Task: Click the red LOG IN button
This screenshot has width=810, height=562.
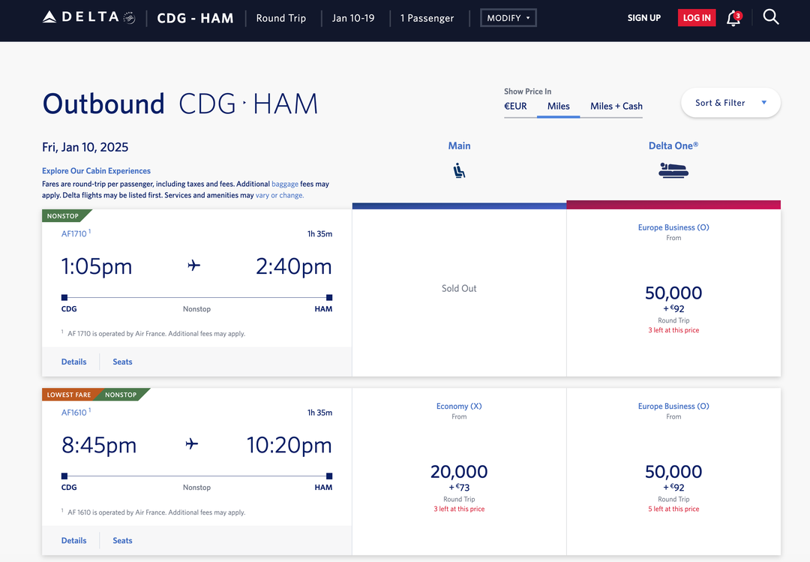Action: coord(697,18)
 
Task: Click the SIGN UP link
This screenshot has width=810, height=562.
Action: coord(643,18)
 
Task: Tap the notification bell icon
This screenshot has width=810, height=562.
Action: coord(733,18)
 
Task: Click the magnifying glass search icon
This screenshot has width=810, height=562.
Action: coord(770,17)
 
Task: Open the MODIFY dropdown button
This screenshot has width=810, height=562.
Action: coord(508,18)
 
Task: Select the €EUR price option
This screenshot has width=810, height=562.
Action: coord(515,107)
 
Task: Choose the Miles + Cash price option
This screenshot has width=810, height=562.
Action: coord(616,107)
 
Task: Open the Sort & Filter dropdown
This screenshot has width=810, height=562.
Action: coord(730,103)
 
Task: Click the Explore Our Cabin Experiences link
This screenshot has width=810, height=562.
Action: coord(96,171)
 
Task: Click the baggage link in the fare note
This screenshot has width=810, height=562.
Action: coord(284,184)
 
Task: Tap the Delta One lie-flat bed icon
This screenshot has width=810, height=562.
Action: coord(673,171)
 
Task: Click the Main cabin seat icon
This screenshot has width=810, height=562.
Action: coord(459,171)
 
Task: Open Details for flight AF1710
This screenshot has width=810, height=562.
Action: coord(73,362)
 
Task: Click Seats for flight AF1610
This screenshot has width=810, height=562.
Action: coord(122,540)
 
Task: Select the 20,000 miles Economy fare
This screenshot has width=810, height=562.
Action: coord(459,472)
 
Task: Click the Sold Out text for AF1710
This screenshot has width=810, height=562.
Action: coord(459,288)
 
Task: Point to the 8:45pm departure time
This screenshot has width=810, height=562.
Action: coord(99,445)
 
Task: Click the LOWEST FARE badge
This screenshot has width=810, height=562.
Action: coord(68,395)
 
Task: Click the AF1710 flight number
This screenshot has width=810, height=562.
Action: coord(73,234)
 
